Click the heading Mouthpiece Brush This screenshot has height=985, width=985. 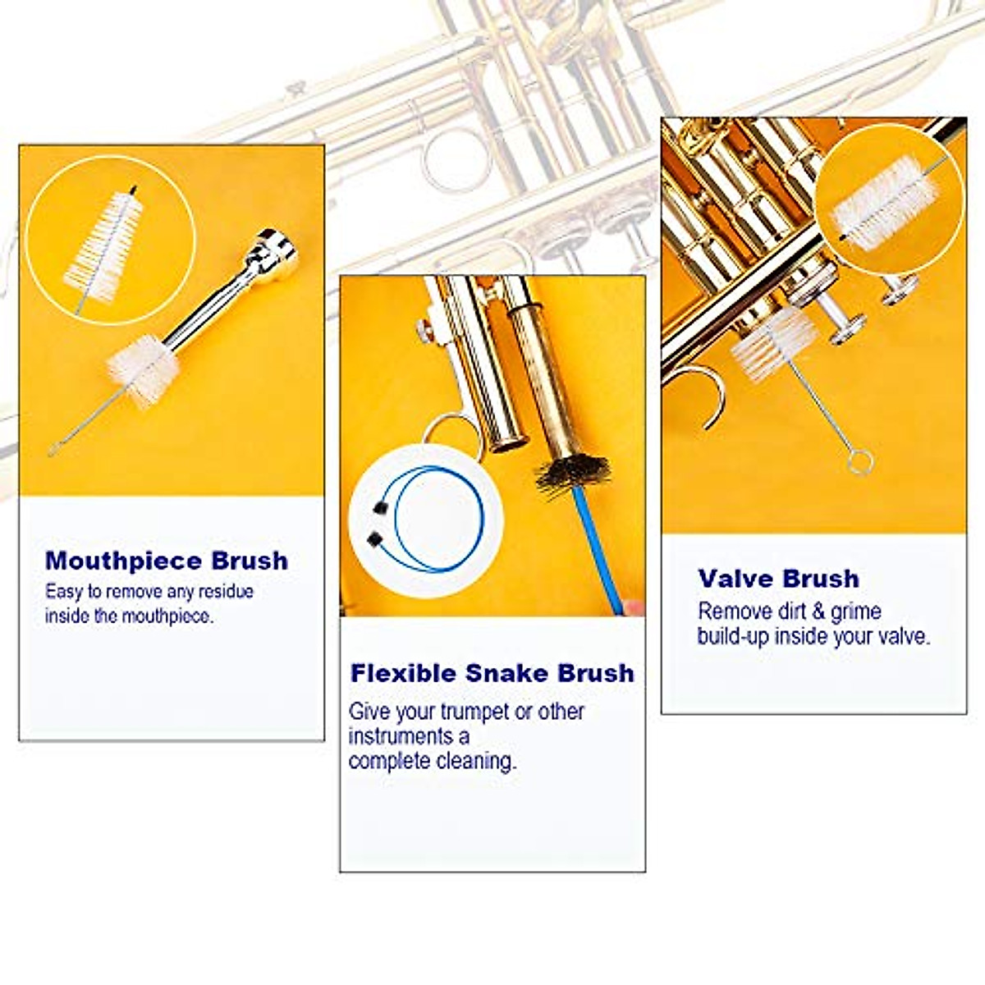[x=167, y=561]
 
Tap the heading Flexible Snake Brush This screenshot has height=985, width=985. [x=492, y=673]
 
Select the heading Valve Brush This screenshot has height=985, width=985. [x=778, y=579]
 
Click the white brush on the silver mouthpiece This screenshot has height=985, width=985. [x=143, y=370]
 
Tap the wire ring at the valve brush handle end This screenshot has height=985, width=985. [x=859, y=463]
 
